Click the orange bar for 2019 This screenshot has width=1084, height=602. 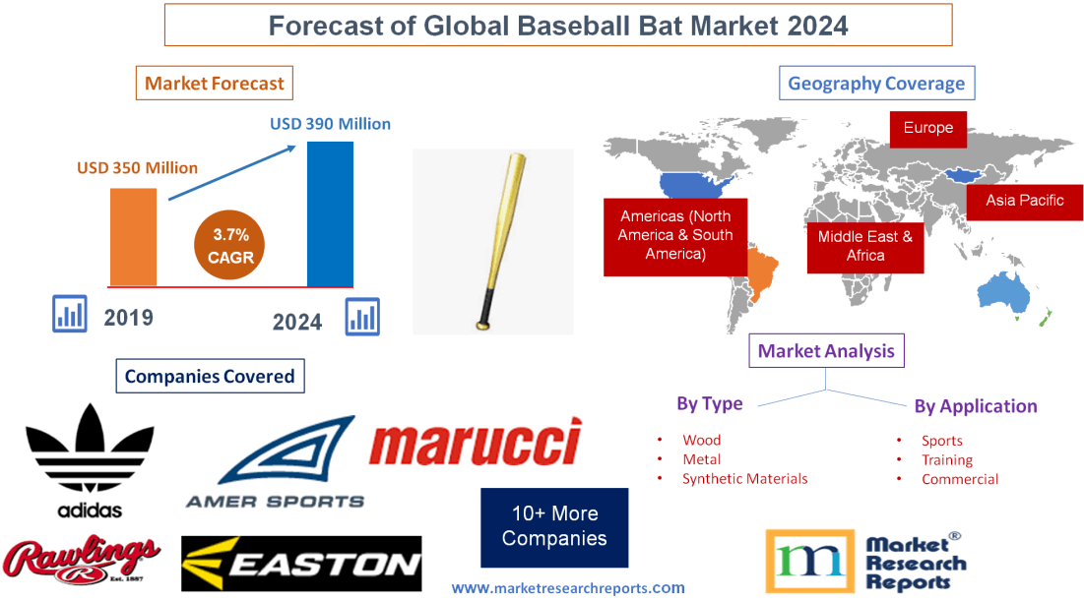pyautogui.click(x=133, y=236)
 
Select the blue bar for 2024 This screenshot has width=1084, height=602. pyautogui.click(x=330, y=213)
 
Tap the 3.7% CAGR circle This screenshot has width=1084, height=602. pyautogui.click(x=228, y=245)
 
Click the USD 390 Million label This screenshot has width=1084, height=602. pyautogui.click(x=330, y=124)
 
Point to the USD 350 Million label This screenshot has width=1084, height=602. pyautogui.click(x=137, y=167)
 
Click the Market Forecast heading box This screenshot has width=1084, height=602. pyautogui.click(x=214, y=84)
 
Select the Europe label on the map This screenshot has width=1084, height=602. pyautogui.click(x=927, y=128)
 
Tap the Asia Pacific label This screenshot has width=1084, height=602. pyautogui.click(x=1025, y=201)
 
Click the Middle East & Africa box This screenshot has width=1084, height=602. pyautogui.click(x=864, y=246)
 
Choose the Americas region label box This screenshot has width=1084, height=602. pyautogui.click(x=674, y=234)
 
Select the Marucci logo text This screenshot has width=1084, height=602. pyautogui.click(x=475, y=444)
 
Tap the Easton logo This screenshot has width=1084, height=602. pyautogui.click(x=301, y=564)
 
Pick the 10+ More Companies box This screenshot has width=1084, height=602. pyautogui.click(x=553, y=526)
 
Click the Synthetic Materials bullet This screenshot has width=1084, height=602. pyautogui.click(x=744, y=479)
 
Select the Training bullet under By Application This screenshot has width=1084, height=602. pyautogui.click(x=946, y=459)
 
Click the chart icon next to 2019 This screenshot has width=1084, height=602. pyautogui.click(x=69, y=315)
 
